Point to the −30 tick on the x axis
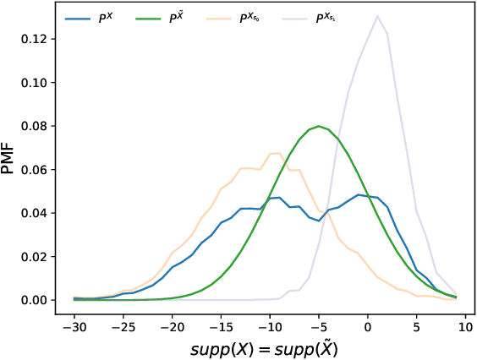(74, 324)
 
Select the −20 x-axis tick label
(172, 324)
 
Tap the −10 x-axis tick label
(269, 324)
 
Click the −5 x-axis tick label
(318, 324)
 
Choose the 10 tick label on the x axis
(464, 324)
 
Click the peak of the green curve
(319, 126)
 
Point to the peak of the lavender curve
(377, 16)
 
